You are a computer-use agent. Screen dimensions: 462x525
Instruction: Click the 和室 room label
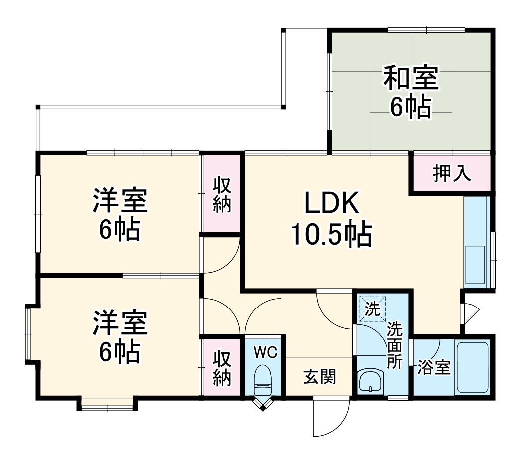[x=411, y=78]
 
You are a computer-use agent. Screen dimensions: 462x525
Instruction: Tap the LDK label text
[x=332, y=204]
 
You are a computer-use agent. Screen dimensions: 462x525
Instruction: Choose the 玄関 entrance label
[x=320, y=377]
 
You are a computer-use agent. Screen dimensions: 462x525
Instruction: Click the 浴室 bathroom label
[x=434, y=368]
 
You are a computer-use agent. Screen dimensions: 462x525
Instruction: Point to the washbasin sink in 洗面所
[x=370, y=382]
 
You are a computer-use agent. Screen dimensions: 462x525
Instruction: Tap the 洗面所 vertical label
[x=395, y=345]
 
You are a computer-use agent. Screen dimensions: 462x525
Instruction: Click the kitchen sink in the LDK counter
[x=475, y=264]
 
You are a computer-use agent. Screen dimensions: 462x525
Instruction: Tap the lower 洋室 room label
[x=119, y=323]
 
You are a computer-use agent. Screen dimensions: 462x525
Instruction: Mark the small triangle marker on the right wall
[x=471, y=312]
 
